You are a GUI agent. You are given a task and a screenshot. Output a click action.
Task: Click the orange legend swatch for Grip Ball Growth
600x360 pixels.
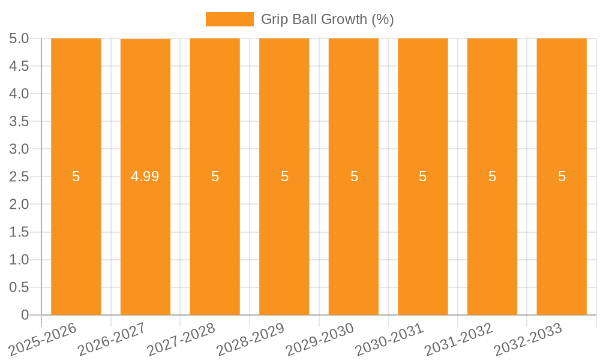click(x=229, y=19)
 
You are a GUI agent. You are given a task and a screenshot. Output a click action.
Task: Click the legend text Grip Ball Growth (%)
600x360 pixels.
click(x=327, y=19)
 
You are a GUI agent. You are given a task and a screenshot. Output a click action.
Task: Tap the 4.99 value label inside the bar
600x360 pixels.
click(x=145, y=176)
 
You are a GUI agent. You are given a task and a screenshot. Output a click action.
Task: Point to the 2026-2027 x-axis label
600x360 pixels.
click(x=112, y=339)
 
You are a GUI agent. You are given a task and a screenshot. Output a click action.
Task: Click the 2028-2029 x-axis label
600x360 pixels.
click(x=251, y=339)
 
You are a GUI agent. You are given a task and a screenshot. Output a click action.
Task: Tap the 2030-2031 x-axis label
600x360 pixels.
click(x=389, y=339)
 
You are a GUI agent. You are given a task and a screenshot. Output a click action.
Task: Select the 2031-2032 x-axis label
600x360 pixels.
click(x=459, y=339)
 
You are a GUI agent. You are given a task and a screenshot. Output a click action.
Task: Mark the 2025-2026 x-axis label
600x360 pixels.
click(x=43, y=339)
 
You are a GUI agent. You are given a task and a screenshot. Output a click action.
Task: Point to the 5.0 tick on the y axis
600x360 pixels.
click(x=19, y=38)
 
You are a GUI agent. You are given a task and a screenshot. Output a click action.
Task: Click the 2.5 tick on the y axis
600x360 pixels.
click(x=19, y=176)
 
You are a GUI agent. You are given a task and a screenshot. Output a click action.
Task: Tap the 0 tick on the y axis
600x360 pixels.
click(x=25, y=315)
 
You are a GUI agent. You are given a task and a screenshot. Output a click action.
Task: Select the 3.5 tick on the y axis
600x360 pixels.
click(x=19, y=121)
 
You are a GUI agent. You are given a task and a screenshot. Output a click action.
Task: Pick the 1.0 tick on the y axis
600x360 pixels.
click(x=19, y=260)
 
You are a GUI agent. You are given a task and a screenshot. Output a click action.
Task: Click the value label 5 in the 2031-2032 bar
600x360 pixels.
click(x=492, y=176)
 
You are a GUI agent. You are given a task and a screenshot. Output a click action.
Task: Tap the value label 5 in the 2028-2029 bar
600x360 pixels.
click(x=284, y=176)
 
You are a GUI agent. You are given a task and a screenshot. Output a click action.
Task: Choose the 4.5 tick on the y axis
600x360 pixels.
click(x=19, y=66)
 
